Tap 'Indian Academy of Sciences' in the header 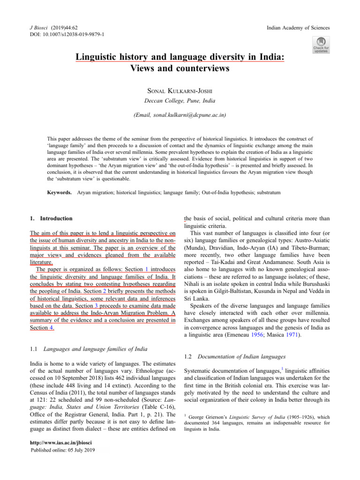(x=297, y=28)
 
